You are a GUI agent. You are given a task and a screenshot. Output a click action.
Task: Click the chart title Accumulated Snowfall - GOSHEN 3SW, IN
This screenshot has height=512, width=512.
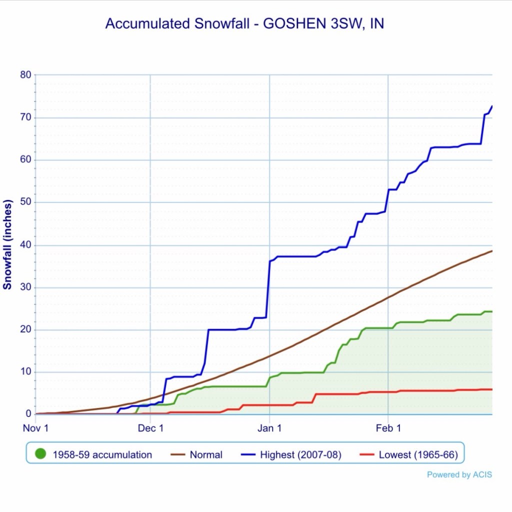pos(244,24)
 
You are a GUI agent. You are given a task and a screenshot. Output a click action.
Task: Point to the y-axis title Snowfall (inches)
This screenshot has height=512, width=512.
pos(7,244)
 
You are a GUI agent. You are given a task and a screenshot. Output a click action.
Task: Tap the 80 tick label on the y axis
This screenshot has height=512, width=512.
pos(25,75)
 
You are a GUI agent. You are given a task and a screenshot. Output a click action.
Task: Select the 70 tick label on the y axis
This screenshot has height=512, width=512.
pos(25,117)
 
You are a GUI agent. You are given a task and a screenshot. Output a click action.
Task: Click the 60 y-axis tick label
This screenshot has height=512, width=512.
pos(25,160)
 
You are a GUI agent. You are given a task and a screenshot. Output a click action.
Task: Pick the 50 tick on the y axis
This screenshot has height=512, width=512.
pos(25,202)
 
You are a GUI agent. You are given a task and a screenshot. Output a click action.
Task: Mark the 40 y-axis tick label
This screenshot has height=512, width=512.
pos(25,245)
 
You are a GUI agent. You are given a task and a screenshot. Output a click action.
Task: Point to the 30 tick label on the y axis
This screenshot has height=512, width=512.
pos(25,287)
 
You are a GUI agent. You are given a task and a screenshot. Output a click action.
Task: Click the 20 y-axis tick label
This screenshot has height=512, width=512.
pos(25,329)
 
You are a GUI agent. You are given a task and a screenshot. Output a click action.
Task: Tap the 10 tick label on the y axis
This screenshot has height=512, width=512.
pos(25,372)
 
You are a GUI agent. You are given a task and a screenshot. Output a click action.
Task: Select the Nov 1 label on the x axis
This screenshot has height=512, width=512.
pos(36,428)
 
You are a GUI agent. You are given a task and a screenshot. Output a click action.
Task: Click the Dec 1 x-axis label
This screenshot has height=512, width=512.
pos(150,428)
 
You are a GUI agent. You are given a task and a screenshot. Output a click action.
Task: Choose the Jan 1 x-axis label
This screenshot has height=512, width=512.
pos(269,428)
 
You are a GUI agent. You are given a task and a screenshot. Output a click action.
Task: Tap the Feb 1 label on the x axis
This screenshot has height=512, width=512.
pos(388,428)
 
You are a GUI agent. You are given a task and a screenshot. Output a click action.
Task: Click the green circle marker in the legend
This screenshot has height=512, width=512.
pos(41,454)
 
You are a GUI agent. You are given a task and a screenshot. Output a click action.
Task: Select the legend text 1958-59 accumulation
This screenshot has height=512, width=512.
pos(102,455)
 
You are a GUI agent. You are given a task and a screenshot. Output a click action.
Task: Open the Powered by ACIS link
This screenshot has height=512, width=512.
pos(459,474)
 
